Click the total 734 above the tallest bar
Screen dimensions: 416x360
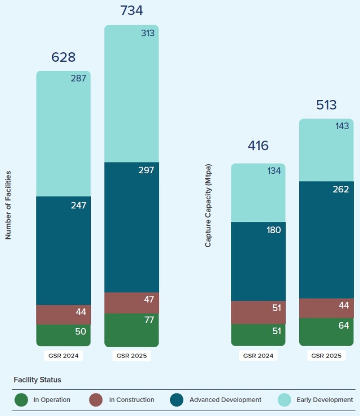(131, 11)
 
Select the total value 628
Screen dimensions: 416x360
(63, 57)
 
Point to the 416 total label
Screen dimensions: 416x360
(258, 145)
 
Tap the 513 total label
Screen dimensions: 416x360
(326, 105)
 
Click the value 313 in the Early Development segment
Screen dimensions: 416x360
(147, 33)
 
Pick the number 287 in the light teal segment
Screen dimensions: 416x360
(78, 78)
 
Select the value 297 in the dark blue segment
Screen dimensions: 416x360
(146, 170)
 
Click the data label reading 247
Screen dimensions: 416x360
(78, 205)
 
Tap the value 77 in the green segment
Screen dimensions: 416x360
(149, 320)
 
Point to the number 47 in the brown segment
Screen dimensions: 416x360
(149, 299)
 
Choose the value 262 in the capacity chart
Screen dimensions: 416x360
(341, 190)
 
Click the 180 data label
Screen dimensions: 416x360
(273, 230)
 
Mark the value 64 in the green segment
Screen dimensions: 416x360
(343, 325)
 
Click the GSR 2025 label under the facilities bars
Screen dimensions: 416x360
(131, 356)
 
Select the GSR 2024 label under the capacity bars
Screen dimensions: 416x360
(258, 356)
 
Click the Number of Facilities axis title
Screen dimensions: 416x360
(9, 205)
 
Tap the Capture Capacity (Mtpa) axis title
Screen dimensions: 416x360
(208, 206)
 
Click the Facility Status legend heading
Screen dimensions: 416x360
(37, 380)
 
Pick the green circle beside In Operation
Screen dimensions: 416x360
(21, 400)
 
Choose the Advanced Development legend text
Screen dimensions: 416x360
(225, 400)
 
